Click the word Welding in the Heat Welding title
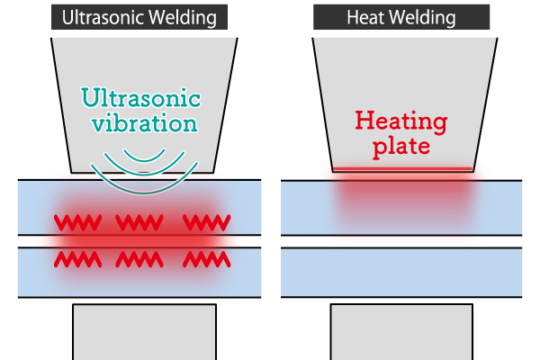pos(427,17)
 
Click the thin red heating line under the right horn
pos(400,169)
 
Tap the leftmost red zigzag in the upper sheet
pos(78,221)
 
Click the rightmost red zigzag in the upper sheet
pos(206,221)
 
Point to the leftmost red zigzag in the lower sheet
pos(78,260)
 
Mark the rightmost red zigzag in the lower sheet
pos(206,260)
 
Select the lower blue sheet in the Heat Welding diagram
pos(401,272)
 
